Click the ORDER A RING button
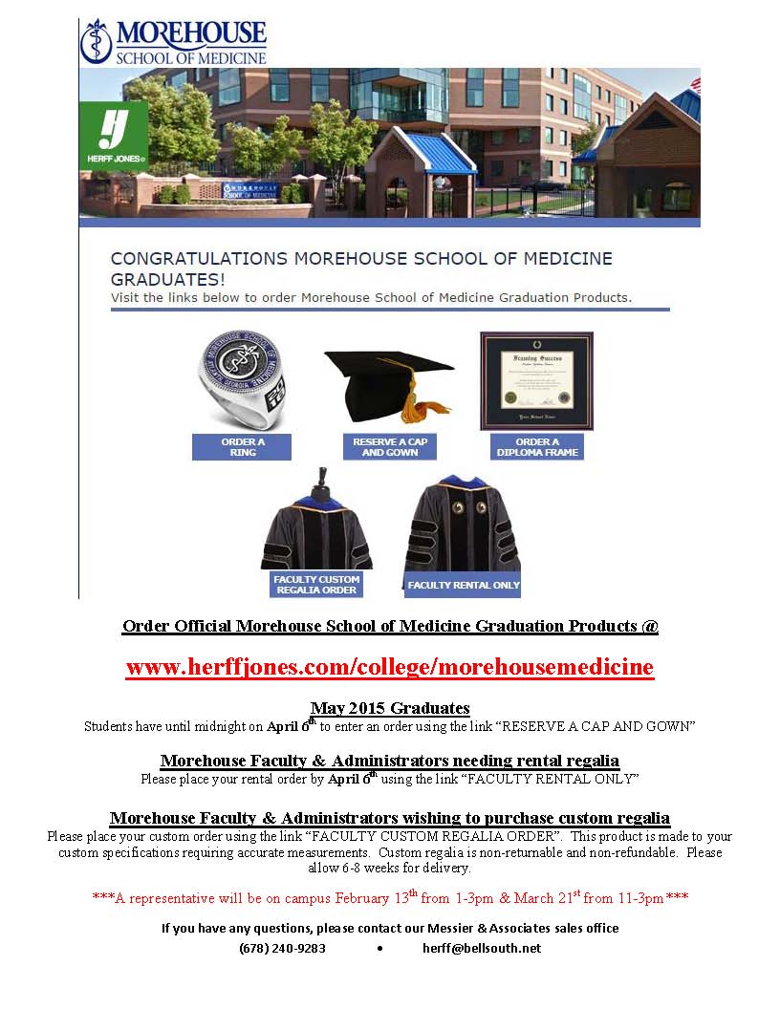tap(242, 447)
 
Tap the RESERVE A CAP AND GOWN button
tap(390, 447)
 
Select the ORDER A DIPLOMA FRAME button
tap(537, 447)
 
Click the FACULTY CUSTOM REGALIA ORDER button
tap(316, 585)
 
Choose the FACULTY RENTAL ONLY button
tap(464, 585)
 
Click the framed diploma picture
tap(536, 381)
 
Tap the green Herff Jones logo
tap(113, 133)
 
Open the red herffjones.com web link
tap(389, 667)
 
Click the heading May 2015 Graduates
tap(390, 708)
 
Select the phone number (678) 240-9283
tap(282, 948)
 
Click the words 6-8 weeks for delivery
tap(409, 869)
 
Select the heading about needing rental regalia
tap(389, 761)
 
